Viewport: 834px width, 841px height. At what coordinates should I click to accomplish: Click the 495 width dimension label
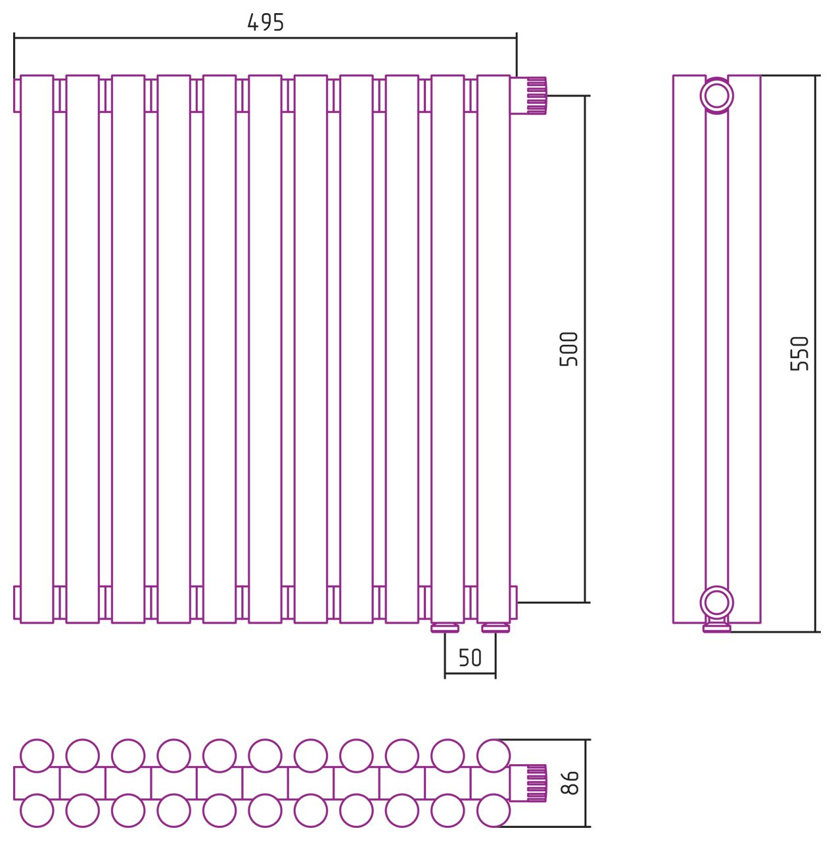coord(265,22)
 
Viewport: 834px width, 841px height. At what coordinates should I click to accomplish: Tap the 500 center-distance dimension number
coord(568,349)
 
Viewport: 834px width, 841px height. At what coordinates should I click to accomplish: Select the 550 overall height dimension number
coord(800,353)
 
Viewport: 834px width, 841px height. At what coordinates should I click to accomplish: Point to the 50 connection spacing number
coord(470,658)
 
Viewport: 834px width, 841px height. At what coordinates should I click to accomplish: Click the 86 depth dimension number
coord(569,783)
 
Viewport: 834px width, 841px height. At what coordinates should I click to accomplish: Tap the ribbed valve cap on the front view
coord(537,95)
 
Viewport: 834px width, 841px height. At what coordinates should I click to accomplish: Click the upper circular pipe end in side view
coord(716,95)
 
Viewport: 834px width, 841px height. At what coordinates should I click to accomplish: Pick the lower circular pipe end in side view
coord(716,602)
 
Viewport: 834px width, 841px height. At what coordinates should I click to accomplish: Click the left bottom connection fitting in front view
coord(444,628)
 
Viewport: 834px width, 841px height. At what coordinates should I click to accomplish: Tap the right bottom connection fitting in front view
coord(495,628)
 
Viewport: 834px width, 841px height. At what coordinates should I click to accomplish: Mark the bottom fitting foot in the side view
coord(716,627)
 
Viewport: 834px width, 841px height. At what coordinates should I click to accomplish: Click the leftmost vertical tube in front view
coord(37,349)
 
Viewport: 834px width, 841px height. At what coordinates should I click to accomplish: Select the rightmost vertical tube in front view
coord(494,349)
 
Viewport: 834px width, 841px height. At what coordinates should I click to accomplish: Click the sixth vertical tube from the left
coord(265,349)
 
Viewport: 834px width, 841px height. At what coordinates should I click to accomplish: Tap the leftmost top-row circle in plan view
coord(37,756)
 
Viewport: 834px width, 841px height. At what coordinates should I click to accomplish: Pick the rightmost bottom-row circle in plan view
coord(494,811)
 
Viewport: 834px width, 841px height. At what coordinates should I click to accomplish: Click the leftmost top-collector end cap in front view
coord(16,95)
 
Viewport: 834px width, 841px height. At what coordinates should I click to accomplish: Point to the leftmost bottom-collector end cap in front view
coord(16,602)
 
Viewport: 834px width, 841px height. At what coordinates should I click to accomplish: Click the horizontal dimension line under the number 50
coord(470,673)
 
